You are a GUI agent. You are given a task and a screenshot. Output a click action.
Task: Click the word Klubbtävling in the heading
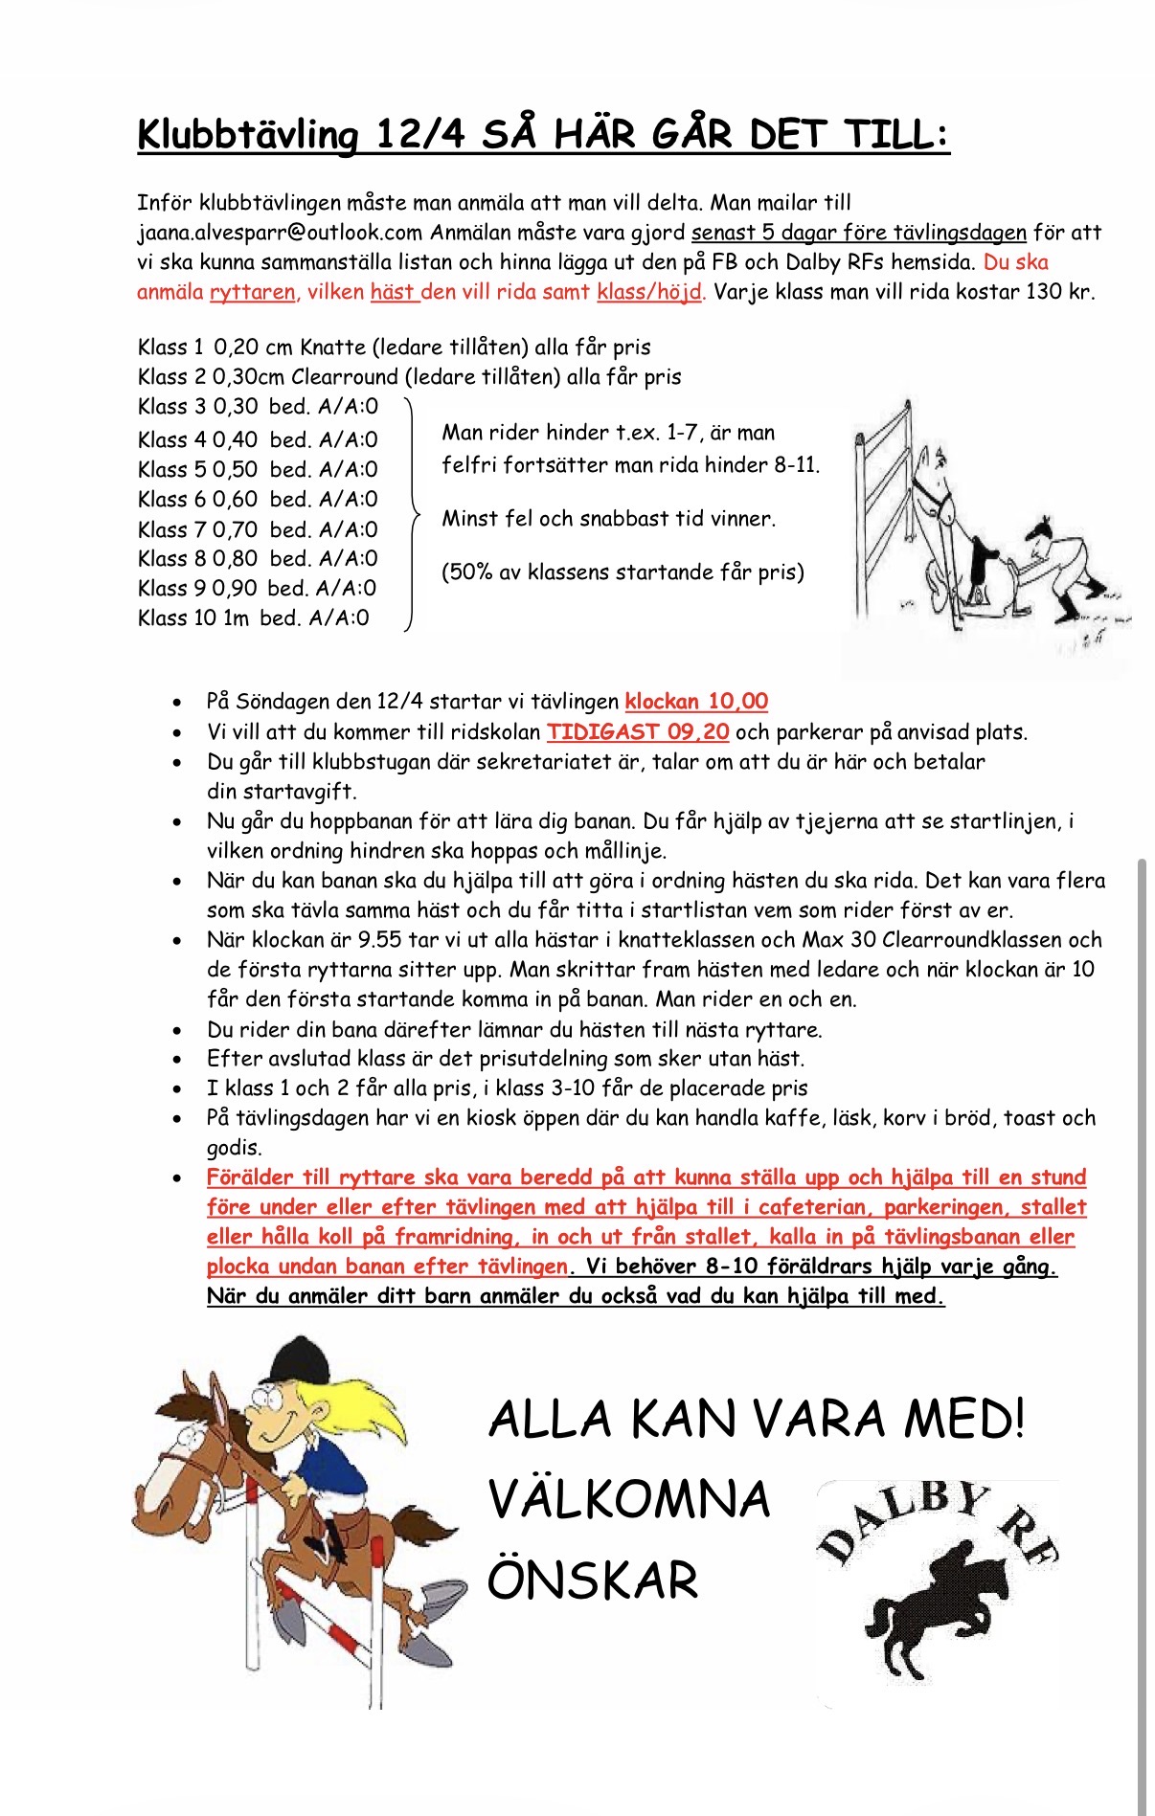tap(247, 135)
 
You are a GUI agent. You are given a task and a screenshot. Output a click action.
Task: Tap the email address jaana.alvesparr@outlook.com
tap(280, 233)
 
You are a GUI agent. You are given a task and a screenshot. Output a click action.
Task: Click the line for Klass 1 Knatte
tap(394, 348)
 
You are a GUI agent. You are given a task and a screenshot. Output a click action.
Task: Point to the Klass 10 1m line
tap(253, 618)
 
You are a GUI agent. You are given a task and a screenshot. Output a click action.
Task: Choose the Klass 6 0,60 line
tap(258, 500)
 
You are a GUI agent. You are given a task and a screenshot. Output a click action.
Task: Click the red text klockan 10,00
tap(696, 702)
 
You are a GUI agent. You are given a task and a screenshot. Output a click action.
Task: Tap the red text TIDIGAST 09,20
tap(638, 732)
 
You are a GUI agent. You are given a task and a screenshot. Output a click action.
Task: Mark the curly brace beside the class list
tap(412, 515)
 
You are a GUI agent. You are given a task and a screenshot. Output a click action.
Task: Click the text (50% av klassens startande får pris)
tap(623, 572)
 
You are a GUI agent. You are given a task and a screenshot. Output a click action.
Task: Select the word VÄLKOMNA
tap(629, 1499)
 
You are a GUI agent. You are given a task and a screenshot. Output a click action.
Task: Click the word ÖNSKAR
tap(593, 1581)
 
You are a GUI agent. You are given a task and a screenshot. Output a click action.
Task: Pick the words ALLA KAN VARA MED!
tap(757, 1419)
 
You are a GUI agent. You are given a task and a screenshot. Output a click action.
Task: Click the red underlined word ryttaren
tap(252, 292)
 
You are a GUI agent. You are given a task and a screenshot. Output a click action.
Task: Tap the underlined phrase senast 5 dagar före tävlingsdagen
tap(859, 233)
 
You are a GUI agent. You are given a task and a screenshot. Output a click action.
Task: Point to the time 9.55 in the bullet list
tap(379, 940)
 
